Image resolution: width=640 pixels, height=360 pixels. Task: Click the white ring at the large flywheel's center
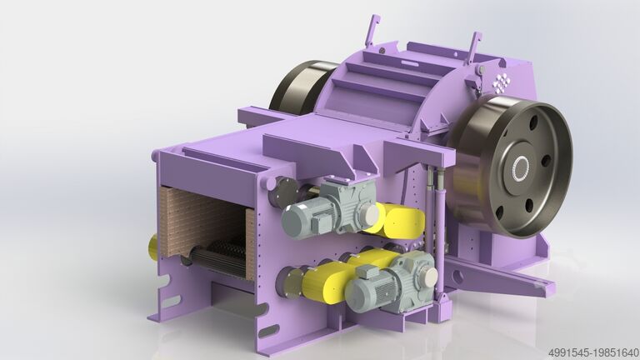pos(520,168)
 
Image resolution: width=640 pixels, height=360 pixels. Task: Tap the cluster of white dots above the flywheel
pos(501,82)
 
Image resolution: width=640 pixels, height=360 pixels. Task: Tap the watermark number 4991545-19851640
pos(593,352)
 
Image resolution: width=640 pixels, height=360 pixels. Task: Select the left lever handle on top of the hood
pos(371,32)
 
